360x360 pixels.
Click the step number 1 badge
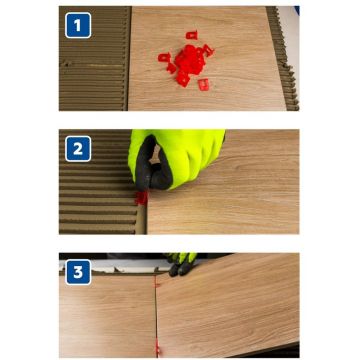tap(78, 25)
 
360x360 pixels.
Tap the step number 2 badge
tap(78, 149)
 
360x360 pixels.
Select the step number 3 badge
tap(78, 272)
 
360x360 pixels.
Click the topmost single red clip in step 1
tap(192, 35)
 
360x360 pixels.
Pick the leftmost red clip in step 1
tap(164, 57)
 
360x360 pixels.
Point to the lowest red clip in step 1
tap(203, 85)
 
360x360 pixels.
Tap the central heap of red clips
tap(190, 61)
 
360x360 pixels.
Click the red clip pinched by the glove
tap(141, 197)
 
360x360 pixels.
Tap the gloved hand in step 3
tap(182, 264)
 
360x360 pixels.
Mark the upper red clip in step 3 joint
tap(156, 282)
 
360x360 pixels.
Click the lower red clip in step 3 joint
tap(157, 347)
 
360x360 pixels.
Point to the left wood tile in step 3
tap(108, 316)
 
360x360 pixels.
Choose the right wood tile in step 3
tap(228, 304)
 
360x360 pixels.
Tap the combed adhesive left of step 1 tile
tap(95, 58)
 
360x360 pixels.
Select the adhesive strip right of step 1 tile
tap(283, 58)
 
